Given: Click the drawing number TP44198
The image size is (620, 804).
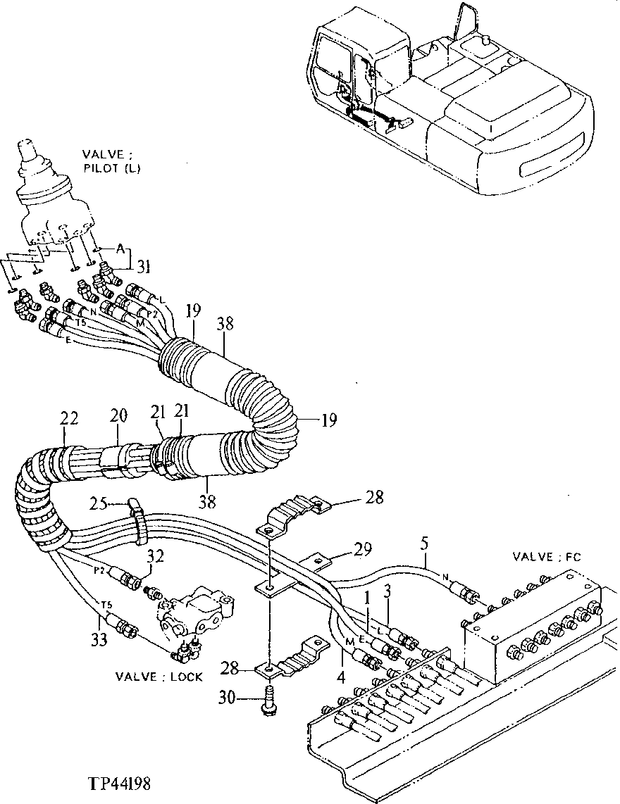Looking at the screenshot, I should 119,784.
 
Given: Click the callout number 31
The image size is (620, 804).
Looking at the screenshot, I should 144,265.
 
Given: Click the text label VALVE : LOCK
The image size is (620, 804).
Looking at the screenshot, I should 160,677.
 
